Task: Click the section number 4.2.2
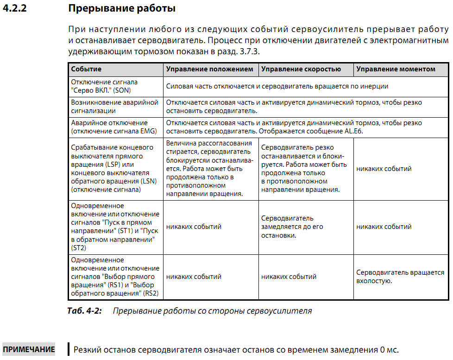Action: click(14, 8)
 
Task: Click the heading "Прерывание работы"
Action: click(121, 8)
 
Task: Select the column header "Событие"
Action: click(86, 69)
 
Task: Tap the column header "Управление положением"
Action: click(209, 69)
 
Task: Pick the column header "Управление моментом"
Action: click(396, 69)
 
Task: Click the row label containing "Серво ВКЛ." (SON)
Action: click(104, 86)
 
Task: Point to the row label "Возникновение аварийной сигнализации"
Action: click(114, 107)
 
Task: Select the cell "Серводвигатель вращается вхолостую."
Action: click(400, 277)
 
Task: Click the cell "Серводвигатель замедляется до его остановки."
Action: click(292, 227)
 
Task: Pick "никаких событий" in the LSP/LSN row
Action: click(384, 169)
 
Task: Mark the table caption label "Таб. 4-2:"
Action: click(84, 311)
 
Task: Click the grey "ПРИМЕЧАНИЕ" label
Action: click(29, 349)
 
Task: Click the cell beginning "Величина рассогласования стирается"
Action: click(210, 169)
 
